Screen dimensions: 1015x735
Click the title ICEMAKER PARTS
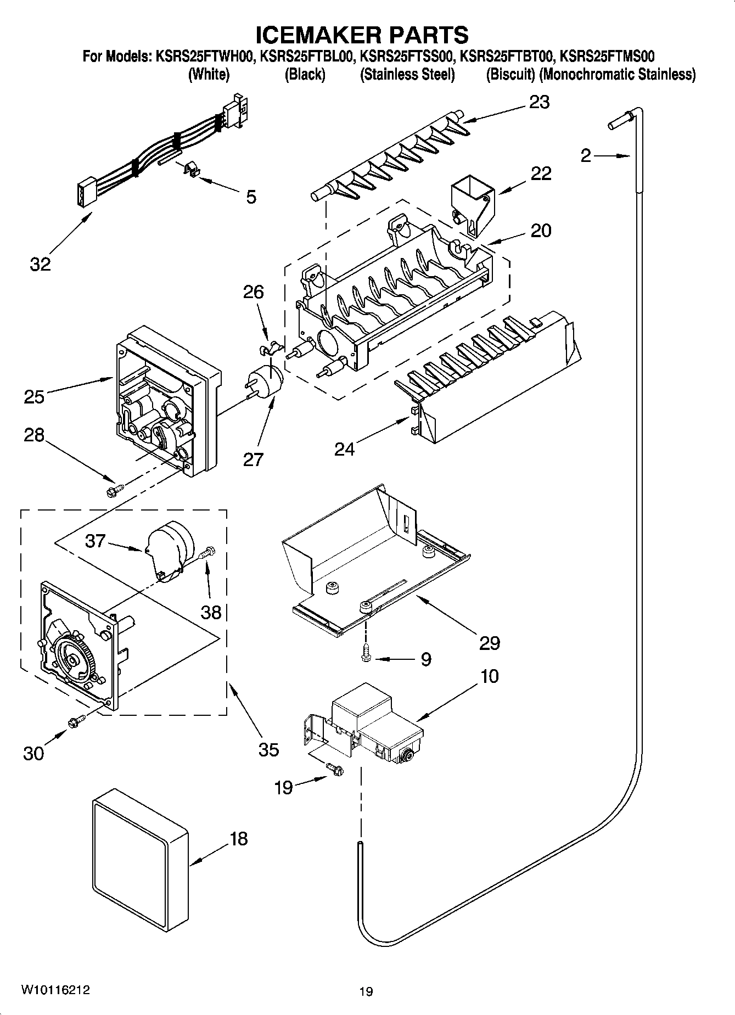tap(362, 35)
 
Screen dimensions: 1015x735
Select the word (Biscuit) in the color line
tap(510, 75)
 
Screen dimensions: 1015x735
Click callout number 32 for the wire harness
tap(40, 264)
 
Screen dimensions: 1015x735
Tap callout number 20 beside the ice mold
tap(541, 231)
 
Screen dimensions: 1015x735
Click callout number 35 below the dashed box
tap(268, 749)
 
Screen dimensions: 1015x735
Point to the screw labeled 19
tap(334, 770)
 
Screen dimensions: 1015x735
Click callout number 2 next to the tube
tap(586, 156)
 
